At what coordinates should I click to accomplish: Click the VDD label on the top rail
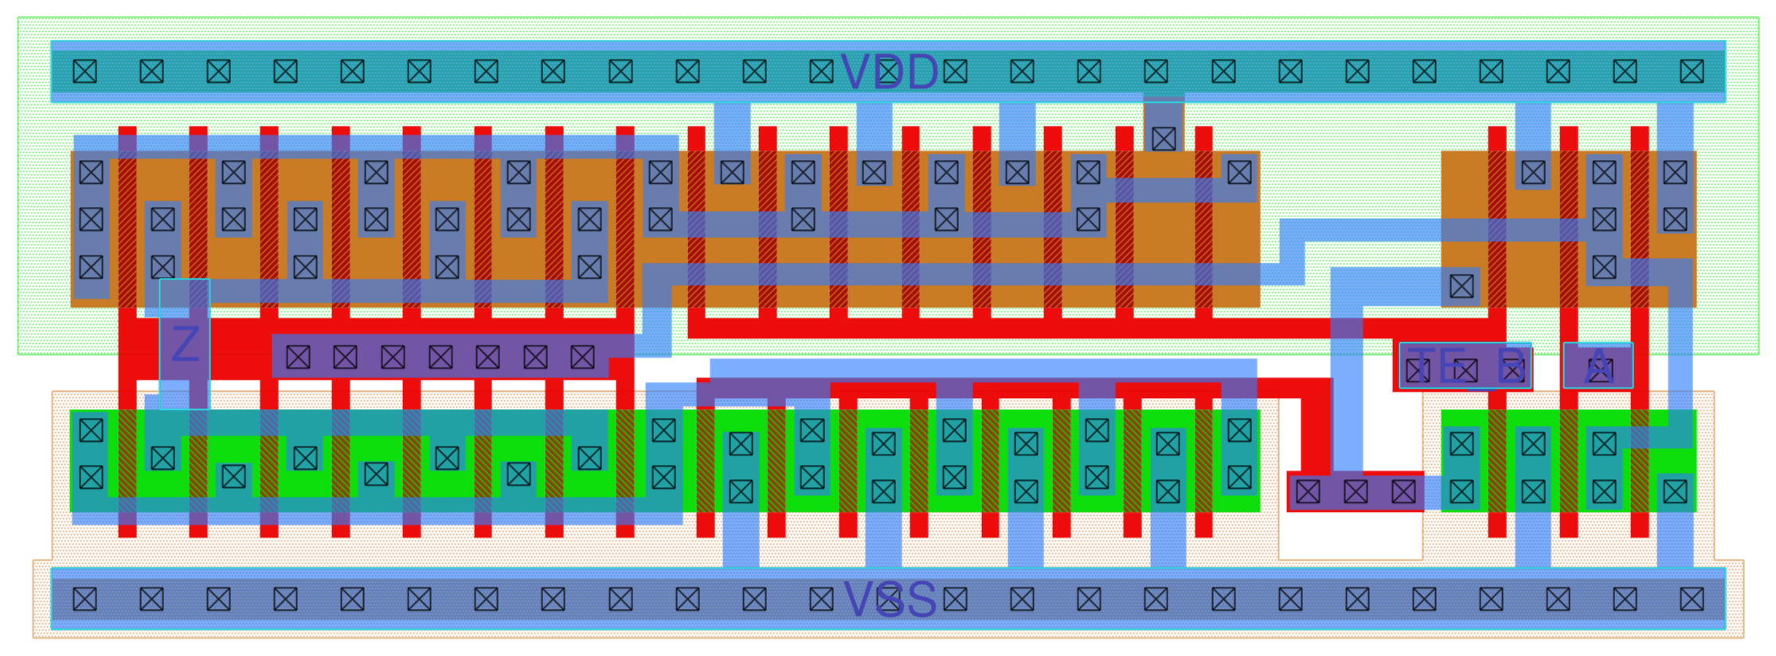(889, 72)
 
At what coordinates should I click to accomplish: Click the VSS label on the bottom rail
(890, 599)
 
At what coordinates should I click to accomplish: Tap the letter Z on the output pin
(185, 344)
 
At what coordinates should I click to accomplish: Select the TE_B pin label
(1466, 365)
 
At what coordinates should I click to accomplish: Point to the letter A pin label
(1598, 367)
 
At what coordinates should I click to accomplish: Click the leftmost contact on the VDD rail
(85, 72)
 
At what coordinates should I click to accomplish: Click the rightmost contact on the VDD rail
(1692, 72)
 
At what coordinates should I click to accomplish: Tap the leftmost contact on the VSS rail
(85, 599)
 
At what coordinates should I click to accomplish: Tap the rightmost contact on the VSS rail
(1692, 599)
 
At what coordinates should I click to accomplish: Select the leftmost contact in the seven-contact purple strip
(298, 357)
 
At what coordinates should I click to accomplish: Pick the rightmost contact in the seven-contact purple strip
(582, 357)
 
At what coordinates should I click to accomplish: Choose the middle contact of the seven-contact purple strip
(440, 357)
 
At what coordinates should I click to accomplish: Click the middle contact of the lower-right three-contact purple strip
(1355, 492)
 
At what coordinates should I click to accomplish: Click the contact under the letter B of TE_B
(1511, 370)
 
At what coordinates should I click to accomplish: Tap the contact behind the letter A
(1598, 370)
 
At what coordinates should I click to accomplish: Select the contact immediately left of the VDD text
(821, 72)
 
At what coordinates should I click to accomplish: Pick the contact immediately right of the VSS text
(955, 599)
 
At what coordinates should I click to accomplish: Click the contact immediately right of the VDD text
(955, 72)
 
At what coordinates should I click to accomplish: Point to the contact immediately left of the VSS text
(821, 599)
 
